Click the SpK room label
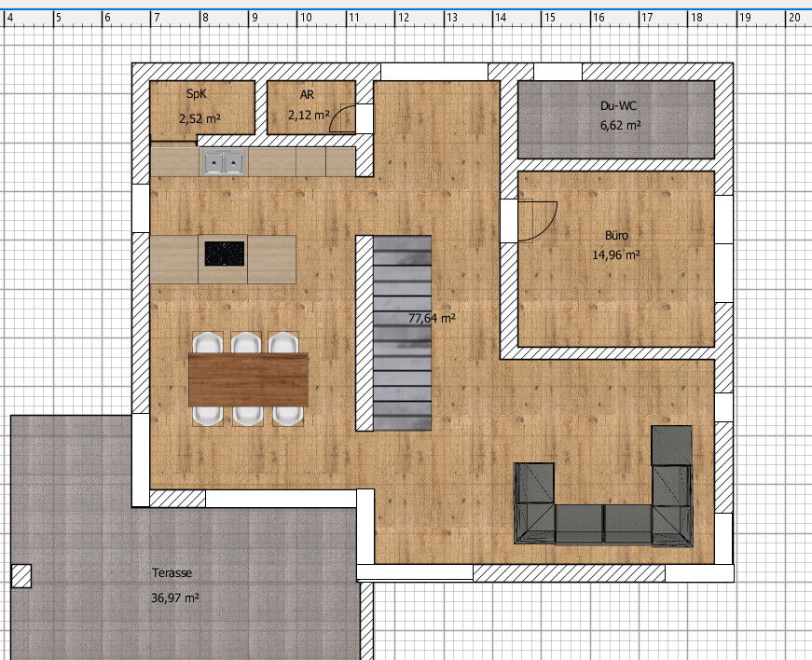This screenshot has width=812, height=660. pos(197,94)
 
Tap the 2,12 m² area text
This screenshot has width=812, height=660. pos(309,115)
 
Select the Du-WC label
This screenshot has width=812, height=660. pos(618,105)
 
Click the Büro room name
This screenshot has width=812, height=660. pos(616,235)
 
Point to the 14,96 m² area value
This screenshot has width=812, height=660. pos(615,254)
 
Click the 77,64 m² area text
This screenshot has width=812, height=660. pos(432,318)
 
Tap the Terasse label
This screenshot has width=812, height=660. pos(172,573)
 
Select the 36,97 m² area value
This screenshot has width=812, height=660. pos(175,598)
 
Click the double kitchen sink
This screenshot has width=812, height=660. pos(224,162)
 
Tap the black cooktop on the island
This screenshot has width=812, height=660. pos(225,254)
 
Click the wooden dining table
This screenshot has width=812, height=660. pos(249,380)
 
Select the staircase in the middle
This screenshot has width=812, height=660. pos(402,333)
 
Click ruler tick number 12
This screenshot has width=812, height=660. pos(404,18)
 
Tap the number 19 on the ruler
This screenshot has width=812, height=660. pos(745,18)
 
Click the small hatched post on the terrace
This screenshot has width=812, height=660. pos(21,576)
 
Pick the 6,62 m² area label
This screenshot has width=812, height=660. pos(621,125)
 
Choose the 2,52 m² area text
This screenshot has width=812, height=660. pos(200,118)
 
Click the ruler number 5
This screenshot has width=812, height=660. pos(59,18)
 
